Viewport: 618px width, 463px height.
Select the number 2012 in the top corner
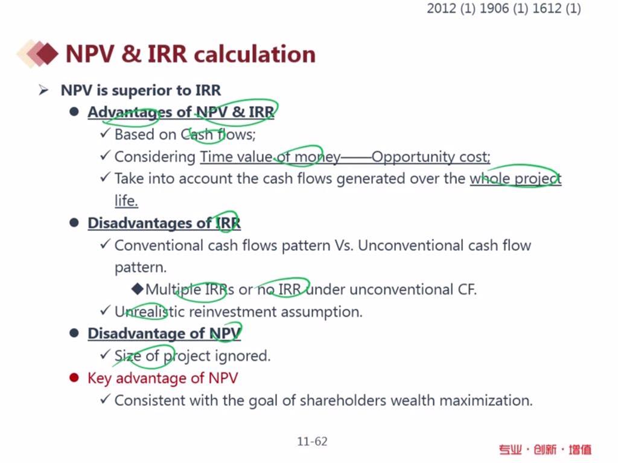(x=441, y=8)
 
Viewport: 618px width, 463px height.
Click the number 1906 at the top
(x=494, y=8)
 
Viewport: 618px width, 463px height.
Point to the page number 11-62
(x=312, y=441)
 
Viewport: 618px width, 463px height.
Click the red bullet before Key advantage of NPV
(x=74, y=378)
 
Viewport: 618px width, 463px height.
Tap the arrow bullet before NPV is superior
(x=43, y=90)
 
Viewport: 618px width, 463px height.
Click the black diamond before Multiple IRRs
(x=138, y=289)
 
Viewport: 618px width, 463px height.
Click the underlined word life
(x=126, y=200)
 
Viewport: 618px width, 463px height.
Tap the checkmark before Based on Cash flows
(x=105, y=133)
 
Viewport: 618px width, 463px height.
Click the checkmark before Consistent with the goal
(x=105, y=399)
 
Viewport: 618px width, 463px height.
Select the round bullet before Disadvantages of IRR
(x=74, y=222)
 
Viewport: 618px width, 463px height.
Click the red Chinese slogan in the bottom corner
(x=546, y=449)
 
